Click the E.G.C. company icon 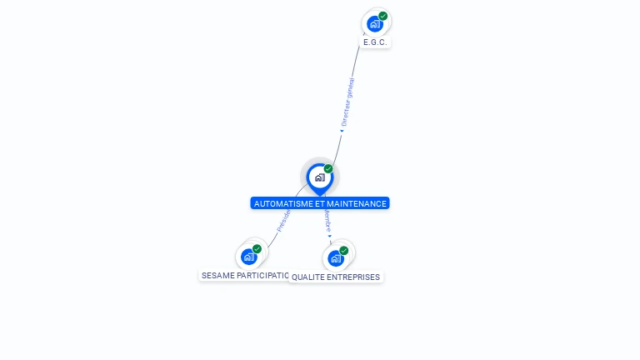coord(375,23)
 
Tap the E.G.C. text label coord(376,42)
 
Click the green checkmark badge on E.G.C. coord(383,16)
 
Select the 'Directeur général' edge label coord(347,102)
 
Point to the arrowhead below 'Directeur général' coord(342,130)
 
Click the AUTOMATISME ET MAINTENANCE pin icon coord(319,177)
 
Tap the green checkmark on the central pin coord(328,169)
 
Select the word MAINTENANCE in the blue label coord(357,203)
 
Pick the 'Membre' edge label coord(327,222)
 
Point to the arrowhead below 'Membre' coord(330,237)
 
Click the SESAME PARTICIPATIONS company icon coord(248,257)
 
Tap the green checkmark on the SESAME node coord(257,249)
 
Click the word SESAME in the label coord(217,275)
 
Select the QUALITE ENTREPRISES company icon coord(336,258)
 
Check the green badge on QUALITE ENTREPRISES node coord(344,250)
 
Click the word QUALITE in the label coord(308,277)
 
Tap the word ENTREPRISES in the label coord(353,277)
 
